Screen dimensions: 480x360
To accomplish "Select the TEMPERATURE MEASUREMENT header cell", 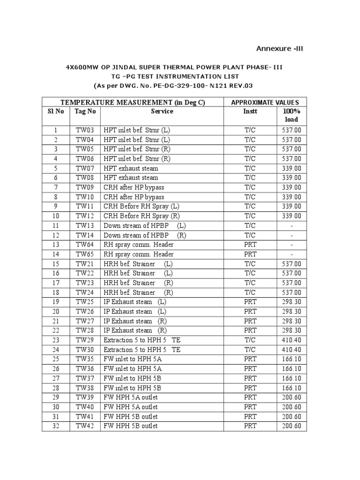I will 133,102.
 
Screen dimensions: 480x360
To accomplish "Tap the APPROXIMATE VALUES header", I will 265,102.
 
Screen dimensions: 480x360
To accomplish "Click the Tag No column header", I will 85,111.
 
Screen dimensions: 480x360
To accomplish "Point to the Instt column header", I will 250,111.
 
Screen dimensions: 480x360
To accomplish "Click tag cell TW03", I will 85,130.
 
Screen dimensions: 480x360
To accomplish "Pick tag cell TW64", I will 85,245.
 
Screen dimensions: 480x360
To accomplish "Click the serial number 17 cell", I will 56,283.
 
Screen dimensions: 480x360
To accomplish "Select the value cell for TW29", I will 292,340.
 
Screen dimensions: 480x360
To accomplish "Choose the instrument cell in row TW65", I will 250,254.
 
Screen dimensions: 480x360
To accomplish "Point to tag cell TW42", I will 85,426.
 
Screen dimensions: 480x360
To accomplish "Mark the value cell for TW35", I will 292,360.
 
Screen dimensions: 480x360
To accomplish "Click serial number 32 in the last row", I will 56,426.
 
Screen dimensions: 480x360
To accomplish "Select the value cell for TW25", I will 292,302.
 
